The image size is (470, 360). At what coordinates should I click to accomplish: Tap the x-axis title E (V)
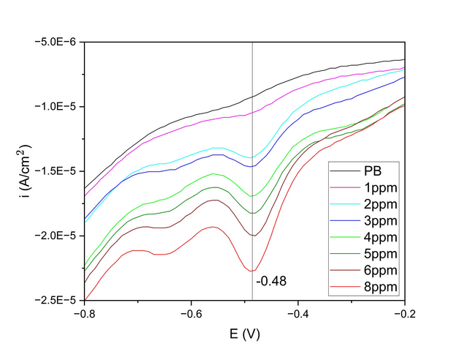click(x=244, y=334)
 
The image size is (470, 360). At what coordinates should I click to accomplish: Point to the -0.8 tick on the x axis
click(x=85, y=312)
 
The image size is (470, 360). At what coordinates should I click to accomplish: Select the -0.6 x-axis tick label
click(x=192, y=312)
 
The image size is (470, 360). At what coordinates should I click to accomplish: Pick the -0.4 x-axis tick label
click(x=298, y=312)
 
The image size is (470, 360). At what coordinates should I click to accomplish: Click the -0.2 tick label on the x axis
click(x=404, y=312)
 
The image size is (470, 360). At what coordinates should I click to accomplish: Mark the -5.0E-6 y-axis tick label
click(x=56, y=42)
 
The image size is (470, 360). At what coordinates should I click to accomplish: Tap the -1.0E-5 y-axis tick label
click(x=56, y=107)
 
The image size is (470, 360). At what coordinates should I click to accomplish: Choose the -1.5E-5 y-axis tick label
click(x=56, y=171)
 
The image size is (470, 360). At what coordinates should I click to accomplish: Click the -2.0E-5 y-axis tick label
click(x=56, y=236)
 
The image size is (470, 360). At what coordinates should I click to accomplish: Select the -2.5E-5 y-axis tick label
click(x=56, y=300)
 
